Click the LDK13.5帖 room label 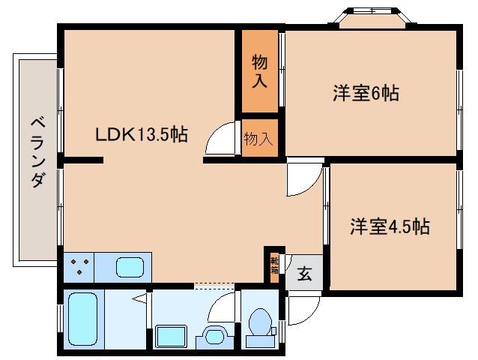click(x=141, y=135)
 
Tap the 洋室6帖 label click(x=366, y=94)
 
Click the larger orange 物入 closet click(x=259, y=70)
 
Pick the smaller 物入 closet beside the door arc click(x=259, y=139)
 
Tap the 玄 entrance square click(x=305, y=273)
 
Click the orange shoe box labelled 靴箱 click(x=274, y=265)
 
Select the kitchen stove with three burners click(x=83, y=267)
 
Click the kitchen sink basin click(x=132, y=267)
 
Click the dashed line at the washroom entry click(x=214, y=286)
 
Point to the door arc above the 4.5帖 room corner click(x=304, y=178)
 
